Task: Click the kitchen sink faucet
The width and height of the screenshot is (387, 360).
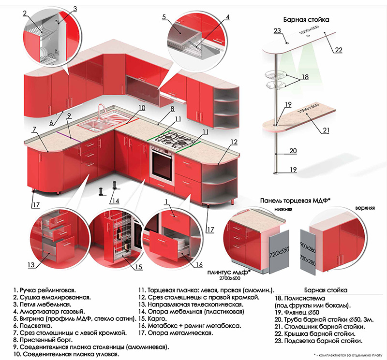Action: coord(101,110)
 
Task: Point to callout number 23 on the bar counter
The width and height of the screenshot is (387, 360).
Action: coord(277,31)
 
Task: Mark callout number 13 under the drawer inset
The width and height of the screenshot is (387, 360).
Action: coord(31,265)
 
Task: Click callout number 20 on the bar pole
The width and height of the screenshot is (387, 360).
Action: coord(293,151)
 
